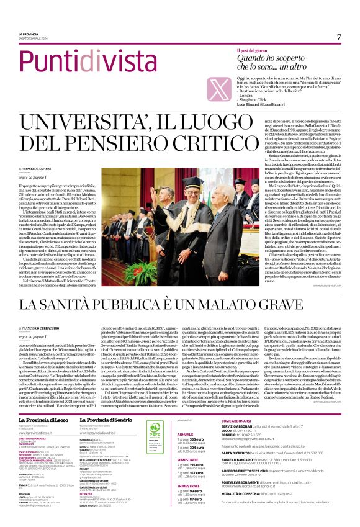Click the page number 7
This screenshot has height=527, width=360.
tap(339, 37)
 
